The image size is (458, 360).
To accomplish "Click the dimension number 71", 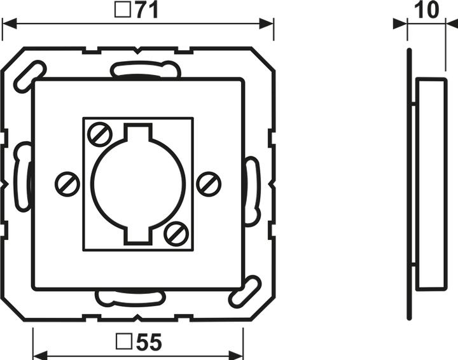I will coord(146,11).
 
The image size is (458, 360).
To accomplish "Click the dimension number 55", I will coord(148,343).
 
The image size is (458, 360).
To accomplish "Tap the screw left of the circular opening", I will coord(67,184).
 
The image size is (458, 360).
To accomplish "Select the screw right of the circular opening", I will coord(209,184).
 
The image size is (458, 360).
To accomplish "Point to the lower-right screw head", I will coord(176,233).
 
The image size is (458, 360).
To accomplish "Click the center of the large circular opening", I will coord(138,184).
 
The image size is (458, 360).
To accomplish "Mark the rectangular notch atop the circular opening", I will coord(138,134).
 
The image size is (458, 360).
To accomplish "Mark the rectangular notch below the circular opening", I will coord(138,235).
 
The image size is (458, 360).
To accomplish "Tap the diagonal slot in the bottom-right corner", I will coord(245,292).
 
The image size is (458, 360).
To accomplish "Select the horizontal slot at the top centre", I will coord(145,69).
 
